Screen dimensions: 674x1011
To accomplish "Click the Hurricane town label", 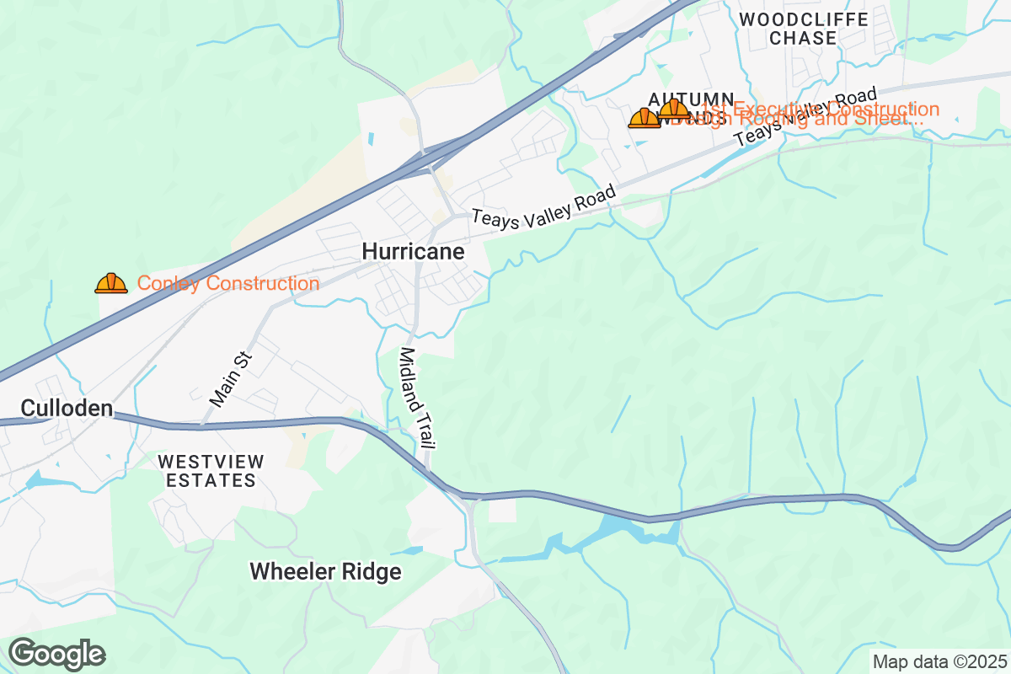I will (x=413, y=252).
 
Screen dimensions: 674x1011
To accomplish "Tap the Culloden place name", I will (x=67, y=409).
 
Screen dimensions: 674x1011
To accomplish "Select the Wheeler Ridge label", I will (x=325, y=572).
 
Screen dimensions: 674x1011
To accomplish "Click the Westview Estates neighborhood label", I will (x=211, y=471).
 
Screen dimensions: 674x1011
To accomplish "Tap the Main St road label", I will (x=231, y=381).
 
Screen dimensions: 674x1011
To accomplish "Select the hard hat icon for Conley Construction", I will (x=111, y=284).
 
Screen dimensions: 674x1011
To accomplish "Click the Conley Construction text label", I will (x=227, y=284).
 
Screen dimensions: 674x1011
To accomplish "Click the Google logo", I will (x=57, y=653).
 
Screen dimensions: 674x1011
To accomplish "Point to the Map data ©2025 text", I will (x=939, y=661).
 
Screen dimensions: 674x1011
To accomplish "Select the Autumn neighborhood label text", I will (x=692, y=98).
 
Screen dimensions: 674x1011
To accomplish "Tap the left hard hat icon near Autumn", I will (x=645, y=119).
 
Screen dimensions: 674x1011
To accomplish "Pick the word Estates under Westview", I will (x=211, y=481).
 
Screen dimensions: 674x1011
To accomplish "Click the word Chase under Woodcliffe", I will (x=803, y=38).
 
